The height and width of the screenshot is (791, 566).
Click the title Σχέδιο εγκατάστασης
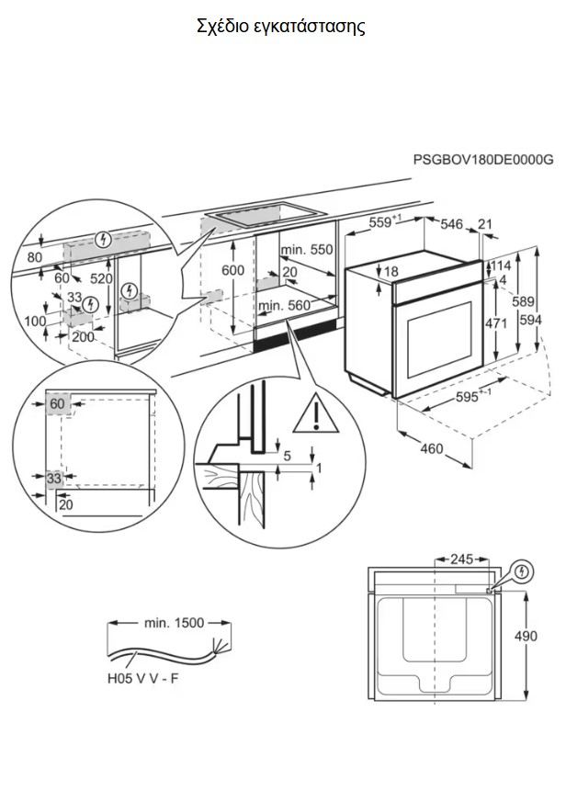point(281,26)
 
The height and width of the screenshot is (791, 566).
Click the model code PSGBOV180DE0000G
point(483,159)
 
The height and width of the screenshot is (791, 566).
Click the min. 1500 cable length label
point(173,623)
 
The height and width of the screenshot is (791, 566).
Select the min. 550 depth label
point(307,250)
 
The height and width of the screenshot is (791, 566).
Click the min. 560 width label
point(283,305)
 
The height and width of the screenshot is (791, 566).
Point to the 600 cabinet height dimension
point(233,270)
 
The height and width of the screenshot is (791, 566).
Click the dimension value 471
point(496,322)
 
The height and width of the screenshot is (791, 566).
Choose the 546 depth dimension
point(451,224)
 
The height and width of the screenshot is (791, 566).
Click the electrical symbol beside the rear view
point(523,571)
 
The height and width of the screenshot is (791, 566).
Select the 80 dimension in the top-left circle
point(35,257)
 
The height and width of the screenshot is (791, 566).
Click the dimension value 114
point(500,266)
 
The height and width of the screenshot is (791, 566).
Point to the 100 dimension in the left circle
point(34,321)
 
